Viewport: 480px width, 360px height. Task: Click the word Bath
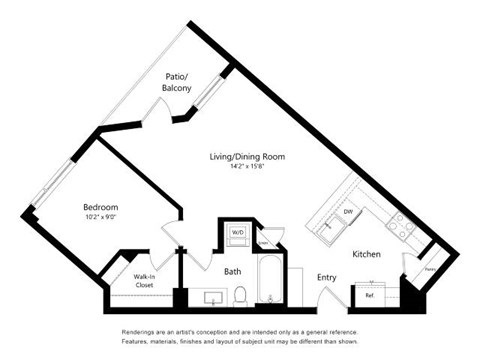[232, 270]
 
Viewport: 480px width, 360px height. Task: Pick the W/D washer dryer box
[238, 233]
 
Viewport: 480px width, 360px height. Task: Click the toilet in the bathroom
[241, 295]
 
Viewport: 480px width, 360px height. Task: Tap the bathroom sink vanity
[211, 298]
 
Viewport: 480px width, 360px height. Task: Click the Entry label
[326, 278]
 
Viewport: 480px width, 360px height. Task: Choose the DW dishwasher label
[348, 212]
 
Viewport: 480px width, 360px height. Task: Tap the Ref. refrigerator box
[369, 296]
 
